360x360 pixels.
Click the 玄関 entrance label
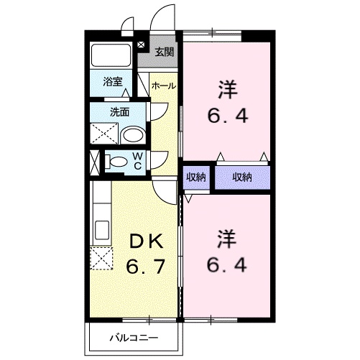pyautogui.click(x=165, y=52)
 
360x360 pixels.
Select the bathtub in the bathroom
pyautogui.click(x=110, y=56)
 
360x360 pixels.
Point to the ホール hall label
pyautogui.click(x=164, y=86)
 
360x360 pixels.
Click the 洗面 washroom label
pyautogui.click(x=119, y=111)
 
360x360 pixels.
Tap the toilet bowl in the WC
pyautogui.click(x=115, y=163)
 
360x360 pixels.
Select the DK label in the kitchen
pyautogui.click(x=147, y=241)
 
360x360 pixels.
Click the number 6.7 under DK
pyautogui.click(x=147, y=267)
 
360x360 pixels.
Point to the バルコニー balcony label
pyautogui.click(x=134, y=336)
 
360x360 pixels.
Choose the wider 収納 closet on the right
pyautogui.click(x=241, y=176)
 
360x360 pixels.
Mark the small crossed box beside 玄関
pyautogui.click(x=141, y=45)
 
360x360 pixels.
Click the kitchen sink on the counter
pyautogui.click(x=101, y=230)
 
